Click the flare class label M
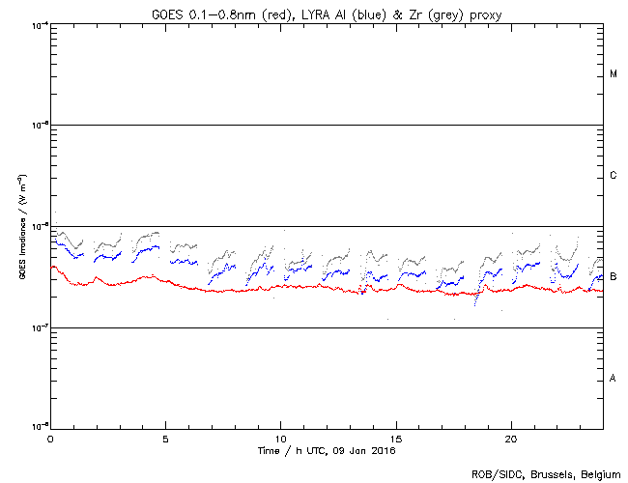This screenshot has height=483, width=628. pyautogui.click(x=614, y=74)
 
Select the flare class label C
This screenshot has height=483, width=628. pyautogui.click(x=614, y=176)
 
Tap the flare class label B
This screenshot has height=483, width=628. pyautogui.click(x=614, y=277)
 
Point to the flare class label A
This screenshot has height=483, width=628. pyautogui.click(x=614, y=378)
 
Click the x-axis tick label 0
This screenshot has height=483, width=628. pyautogui.click(x=50, y=439)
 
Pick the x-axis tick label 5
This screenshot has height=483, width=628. pyautogui.click(x=165, y=439)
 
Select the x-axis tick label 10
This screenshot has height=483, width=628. pyautogui.click(x=280, y=439)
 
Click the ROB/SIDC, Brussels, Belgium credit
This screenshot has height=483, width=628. pyautogui.click(x=547, y=474)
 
